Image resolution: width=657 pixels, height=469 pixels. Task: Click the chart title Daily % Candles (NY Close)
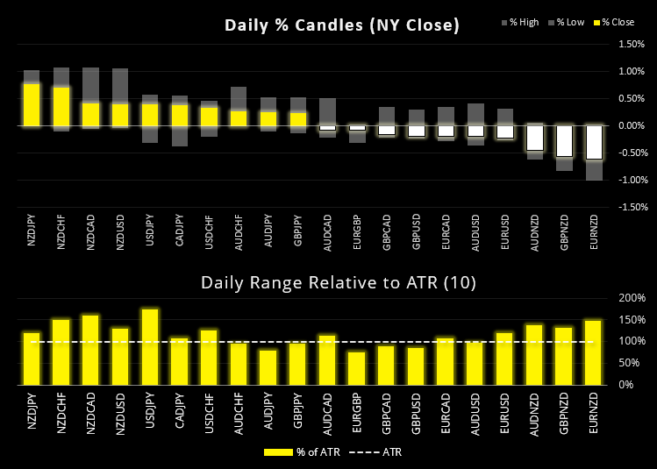pyautogui.click(x=341, y=25)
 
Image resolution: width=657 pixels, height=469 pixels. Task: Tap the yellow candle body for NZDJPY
pyautogui.click(x=32, y=105)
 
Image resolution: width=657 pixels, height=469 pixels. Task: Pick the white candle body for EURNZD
pyautogui.click(x=594, y=142)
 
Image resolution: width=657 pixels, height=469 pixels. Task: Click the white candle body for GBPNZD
pyautogui.click(x=564, y=140)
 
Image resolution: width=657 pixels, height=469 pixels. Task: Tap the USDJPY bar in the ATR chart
pyautogui.click(x=151, y=347)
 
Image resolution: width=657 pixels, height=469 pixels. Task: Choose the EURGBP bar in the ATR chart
pyautogui.click(x=357, y=368)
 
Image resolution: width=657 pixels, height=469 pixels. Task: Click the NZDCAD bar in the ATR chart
pyautogui.click(x=91, y=350)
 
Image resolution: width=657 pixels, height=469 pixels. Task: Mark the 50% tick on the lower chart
pyautogui.click(x=633, y=363)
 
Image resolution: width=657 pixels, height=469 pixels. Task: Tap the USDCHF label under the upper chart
pyautogui.click(x=210, y=230)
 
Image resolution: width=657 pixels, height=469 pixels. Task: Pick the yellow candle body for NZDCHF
pyautogui.click(x=61, y=106)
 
